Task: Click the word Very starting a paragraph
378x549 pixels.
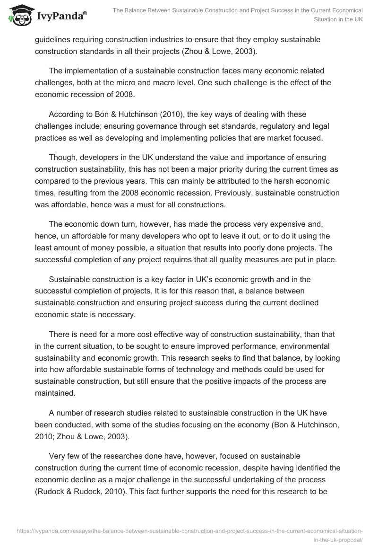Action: pyautogui.click(x=57, y=456)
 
